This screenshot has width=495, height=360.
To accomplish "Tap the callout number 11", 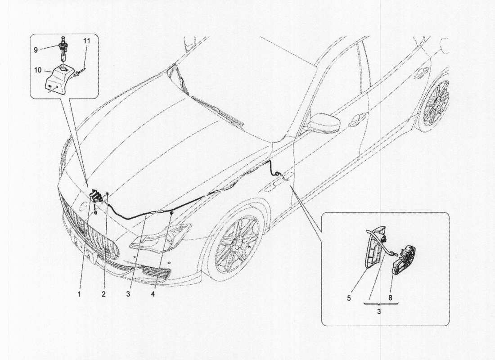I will (x=86, y=40).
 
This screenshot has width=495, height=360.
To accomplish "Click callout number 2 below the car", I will (x=103, y=294).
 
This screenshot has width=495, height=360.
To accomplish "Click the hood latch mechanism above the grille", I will (x=95, y=197).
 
